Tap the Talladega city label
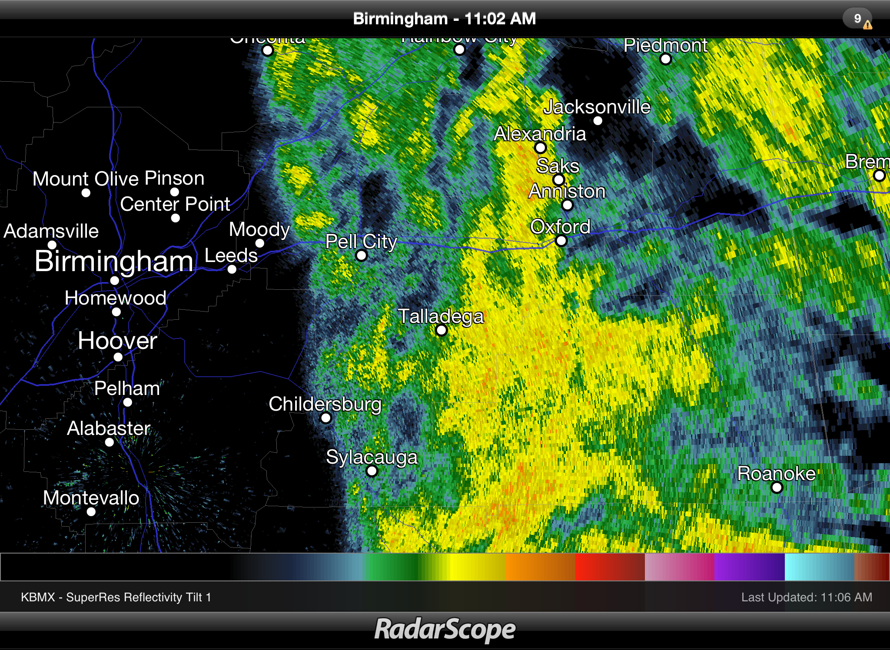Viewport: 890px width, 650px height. [441, 316]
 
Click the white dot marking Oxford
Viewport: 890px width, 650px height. [561, 241]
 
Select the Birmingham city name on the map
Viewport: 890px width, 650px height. [114, 262]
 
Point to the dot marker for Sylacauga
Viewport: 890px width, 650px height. [372, 471]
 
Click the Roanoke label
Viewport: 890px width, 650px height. [776, 473]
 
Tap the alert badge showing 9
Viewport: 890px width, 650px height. [858, 19]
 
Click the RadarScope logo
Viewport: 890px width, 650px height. [445, 629]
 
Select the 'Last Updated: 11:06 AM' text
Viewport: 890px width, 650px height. [807, 597]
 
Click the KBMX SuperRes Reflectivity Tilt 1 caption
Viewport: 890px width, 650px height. [116, 597]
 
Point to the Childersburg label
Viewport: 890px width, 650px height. [325, 404]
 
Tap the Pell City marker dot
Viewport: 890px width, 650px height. [361, 255]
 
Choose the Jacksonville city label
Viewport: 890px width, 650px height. [597, 107]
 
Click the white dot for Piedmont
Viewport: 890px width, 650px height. [665, 59]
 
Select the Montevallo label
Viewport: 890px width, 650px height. [91, 497]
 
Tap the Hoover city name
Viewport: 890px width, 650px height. [117, 341]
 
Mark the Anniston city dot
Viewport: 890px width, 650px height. [568, 205]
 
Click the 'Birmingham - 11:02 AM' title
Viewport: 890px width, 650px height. [444, 19]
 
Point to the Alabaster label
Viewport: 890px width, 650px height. [109, 428]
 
